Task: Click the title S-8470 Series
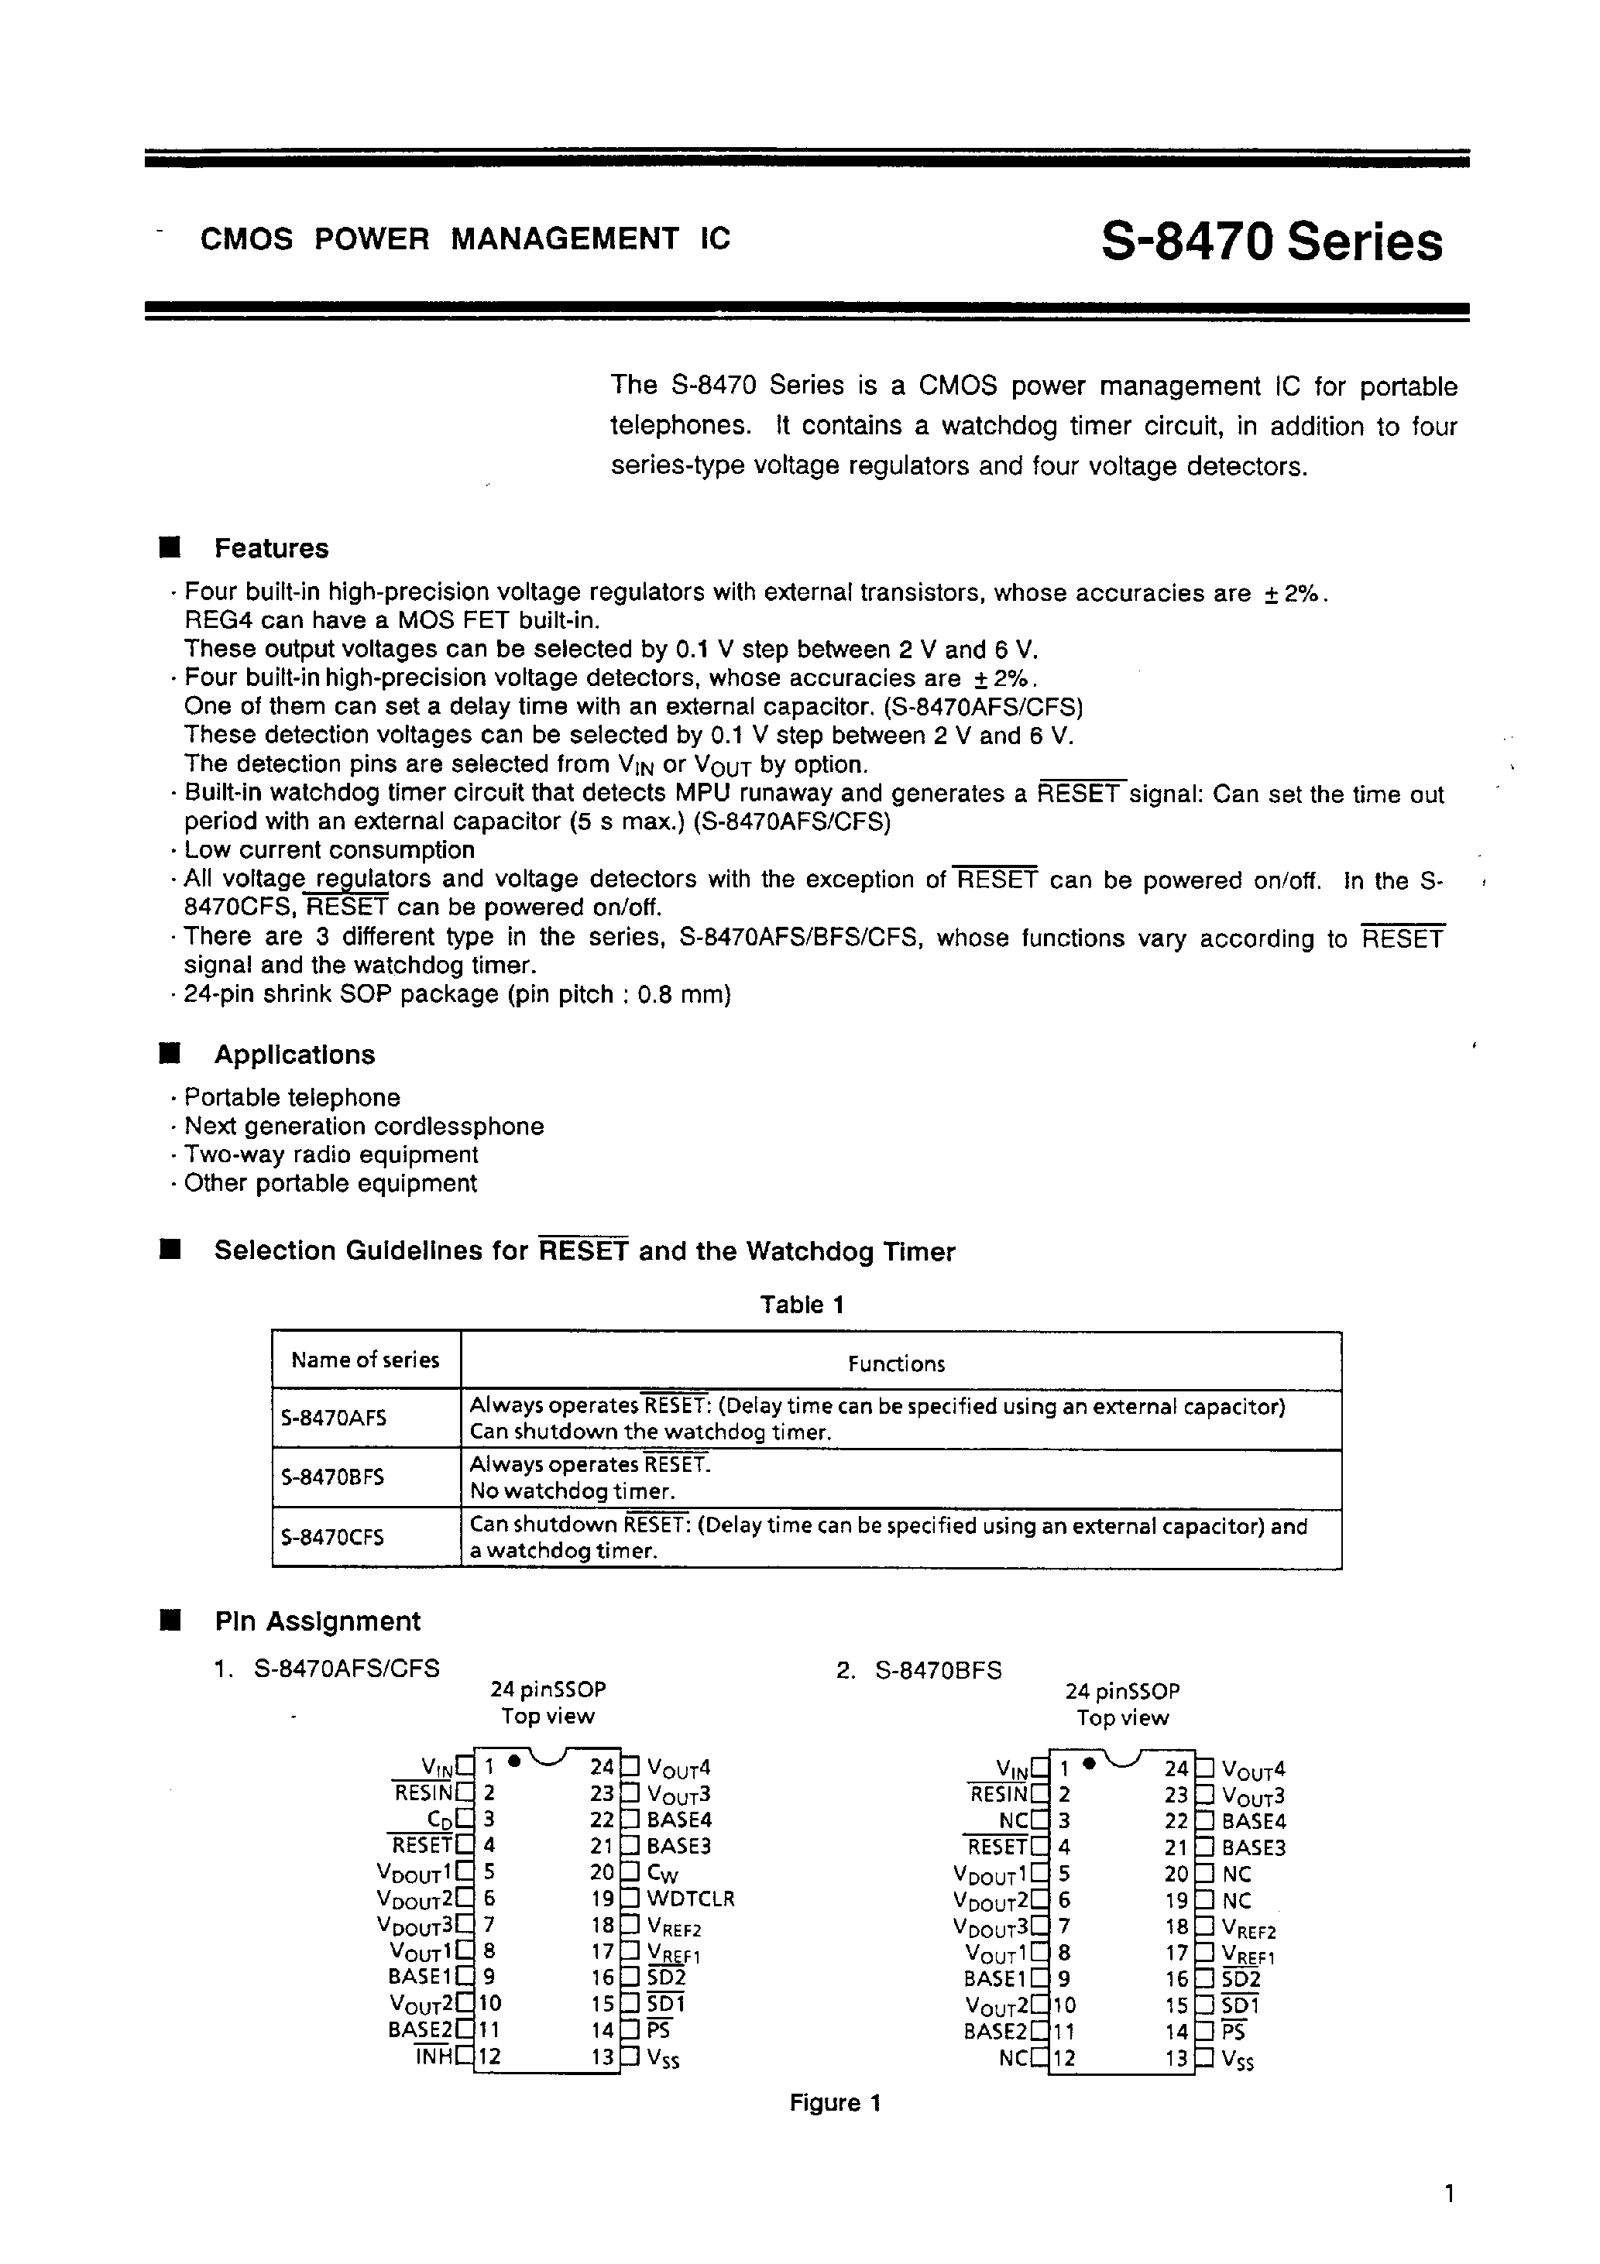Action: click(x=1271, y=242)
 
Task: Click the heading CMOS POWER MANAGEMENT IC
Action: click(x=465, y=238)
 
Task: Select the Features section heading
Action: click(x=271, y=548)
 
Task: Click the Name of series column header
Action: click(x=365, y=1360)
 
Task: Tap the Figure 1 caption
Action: click(x=835, y=2103)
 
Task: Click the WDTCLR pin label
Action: click(x=691, y=1899)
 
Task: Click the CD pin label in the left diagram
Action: click(x=440, y=1820)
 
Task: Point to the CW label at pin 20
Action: click(x=663, y=1872)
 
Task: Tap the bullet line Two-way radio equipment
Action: click(x=331, y=1154)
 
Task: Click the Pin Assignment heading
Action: click(x=317, y=1622)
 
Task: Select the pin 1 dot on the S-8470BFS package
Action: click(x=1089, y=1763)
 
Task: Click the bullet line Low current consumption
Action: click(x=328, y=850)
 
